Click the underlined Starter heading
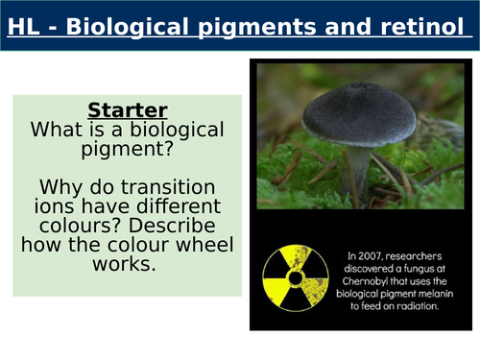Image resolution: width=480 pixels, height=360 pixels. pyautogui.click(x=129, y=108)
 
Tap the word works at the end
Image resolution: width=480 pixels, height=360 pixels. pyautogui.click(x=128, y=263)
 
